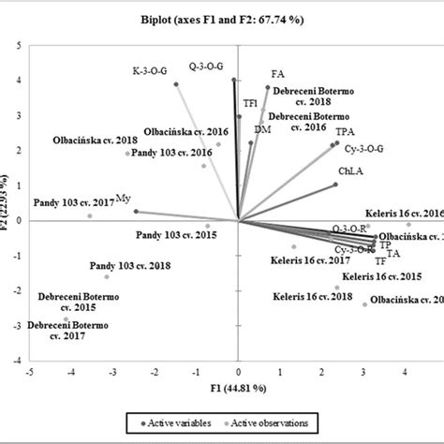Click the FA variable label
tap(277, 73)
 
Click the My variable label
tap(123, 198)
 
